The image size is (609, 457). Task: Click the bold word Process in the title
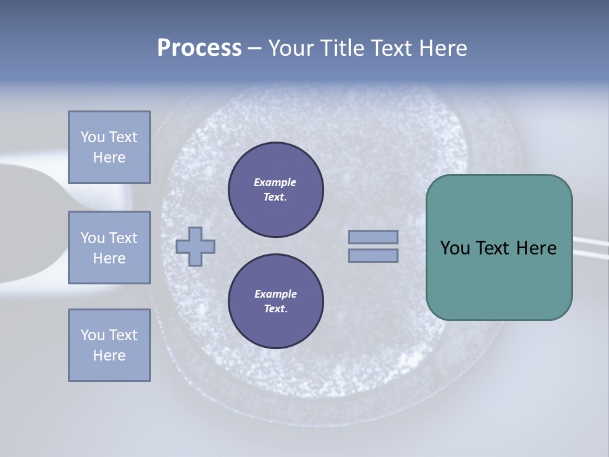(199, 48)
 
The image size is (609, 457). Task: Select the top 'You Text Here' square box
(109, 147)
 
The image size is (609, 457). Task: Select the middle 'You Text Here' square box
(109, 248)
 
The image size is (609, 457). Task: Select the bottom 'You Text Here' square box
(109, 345)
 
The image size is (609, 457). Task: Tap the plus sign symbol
(195, 246)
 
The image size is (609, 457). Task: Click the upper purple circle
(275, 190)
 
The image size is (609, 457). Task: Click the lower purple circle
(275, 301)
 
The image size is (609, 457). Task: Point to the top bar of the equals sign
(373, 237)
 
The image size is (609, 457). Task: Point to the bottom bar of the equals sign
(373, 255)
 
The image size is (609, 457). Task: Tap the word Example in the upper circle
(275, 182)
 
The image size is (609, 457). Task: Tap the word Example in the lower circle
(275, 294)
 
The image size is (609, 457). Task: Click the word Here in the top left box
(109, 157)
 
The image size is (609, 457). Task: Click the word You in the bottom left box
(93, 334)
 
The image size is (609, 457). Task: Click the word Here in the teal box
(536, 248)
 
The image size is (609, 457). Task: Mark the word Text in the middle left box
(123, 238)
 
